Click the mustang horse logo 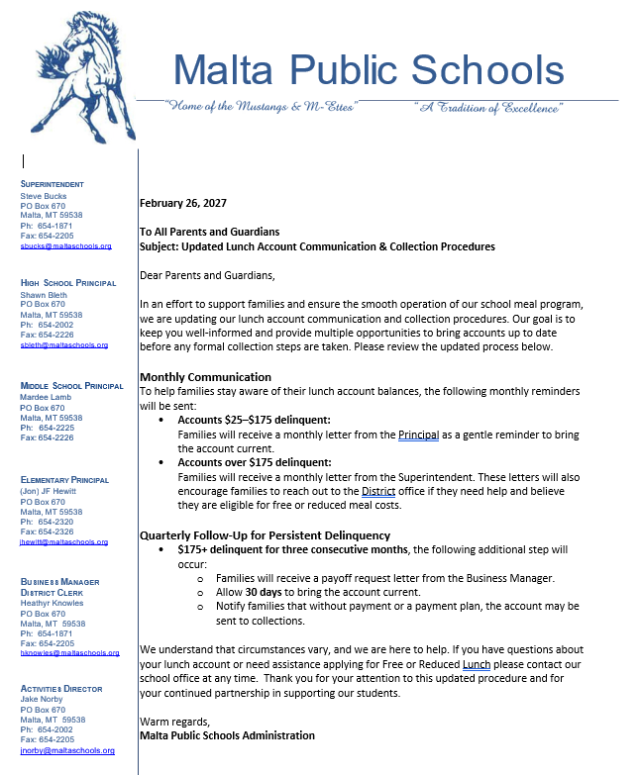[84, 74]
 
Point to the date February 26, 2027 [183, 203]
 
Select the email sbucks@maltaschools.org [65, 245]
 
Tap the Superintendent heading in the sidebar [53, 184]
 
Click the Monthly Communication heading [205, 377]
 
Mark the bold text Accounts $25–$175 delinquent [254, 420]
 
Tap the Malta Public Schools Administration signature [227, 735]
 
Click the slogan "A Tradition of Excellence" [500, 108]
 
